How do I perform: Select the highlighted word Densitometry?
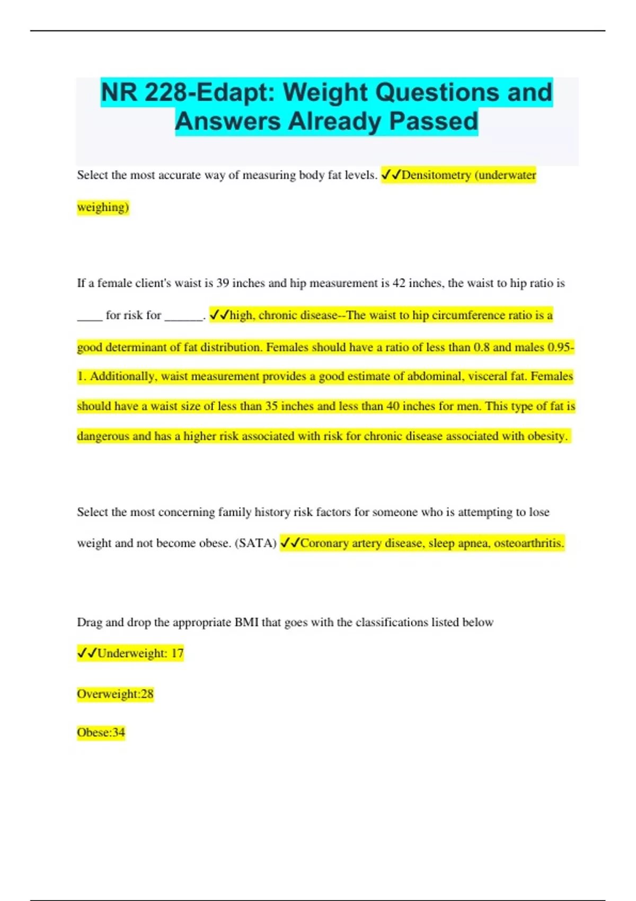(x=436, y=175)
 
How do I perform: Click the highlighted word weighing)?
(x=103, y=207)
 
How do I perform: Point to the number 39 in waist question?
(x=223, y=283)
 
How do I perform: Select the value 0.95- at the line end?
(x=561, y=347)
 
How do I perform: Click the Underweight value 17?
(x=177, y=653)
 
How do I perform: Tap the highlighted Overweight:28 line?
(x=115, y=694)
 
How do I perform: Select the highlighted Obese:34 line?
(x=101, y=732)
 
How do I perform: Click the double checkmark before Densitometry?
(x=391, y=175)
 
